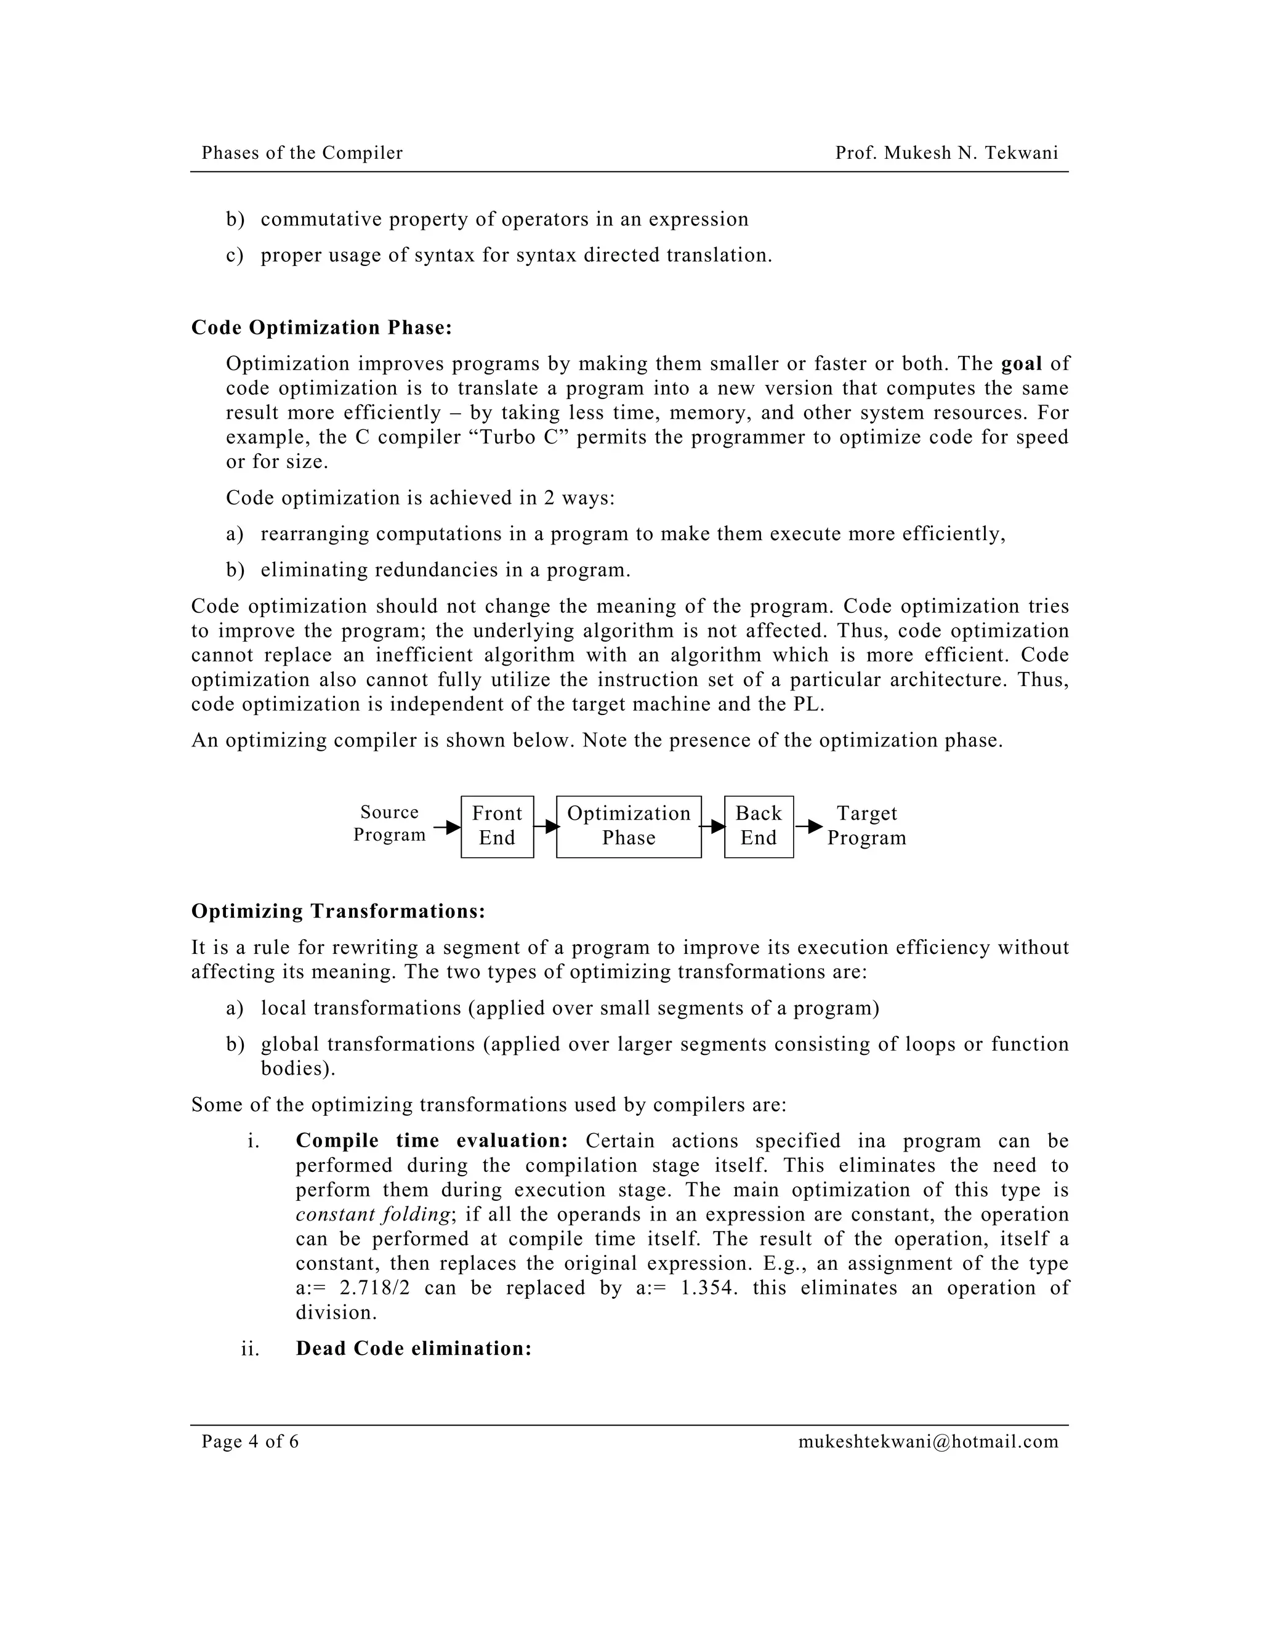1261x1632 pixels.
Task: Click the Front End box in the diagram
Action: coord(497,826)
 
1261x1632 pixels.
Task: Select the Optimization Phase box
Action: coord(628,826)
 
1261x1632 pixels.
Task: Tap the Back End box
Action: coord(758,826)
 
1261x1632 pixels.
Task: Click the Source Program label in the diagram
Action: coord(389,823)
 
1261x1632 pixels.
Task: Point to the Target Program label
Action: coord(866,826)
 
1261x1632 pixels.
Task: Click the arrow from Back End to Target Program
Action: coord(809,826)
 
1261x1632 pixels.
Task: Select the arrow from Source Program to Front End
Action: coord(448,827)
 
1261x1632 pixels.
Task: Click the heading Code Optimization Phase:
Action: coord(321,328)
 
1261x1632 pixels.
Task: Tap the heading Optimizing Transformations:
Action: coord(337,911)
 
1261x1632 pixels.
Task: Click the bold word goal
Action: coord(1021,364)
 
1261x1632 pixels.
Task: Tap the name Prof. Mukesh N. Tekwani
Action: coord(946,153)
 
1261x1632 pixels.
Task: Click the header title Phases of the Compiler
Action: coord(302,153)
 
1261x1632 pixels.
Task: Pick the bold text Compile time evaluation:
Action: coord(432,1141)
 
